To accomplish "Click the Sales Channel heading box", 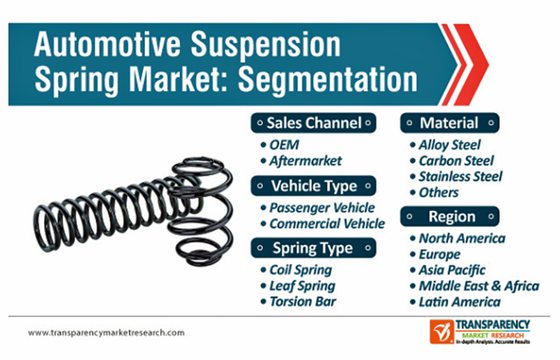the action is click(x=314, y=123).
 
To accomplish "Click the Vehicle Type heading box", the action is click(x=314, y=186).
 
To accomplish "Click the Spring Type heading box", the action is click(x=314, y=248).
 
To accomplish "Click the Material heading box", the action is click(x=450, y=123).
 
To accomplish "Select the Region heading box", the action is click(x=450, y=216).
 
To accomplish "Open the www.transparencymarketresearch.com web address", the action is click(x=107, y=332).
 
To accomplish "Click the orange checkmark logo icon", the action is click(x=442, y=332).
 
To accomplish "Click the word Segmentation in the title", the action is click(x=327, y=80).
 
